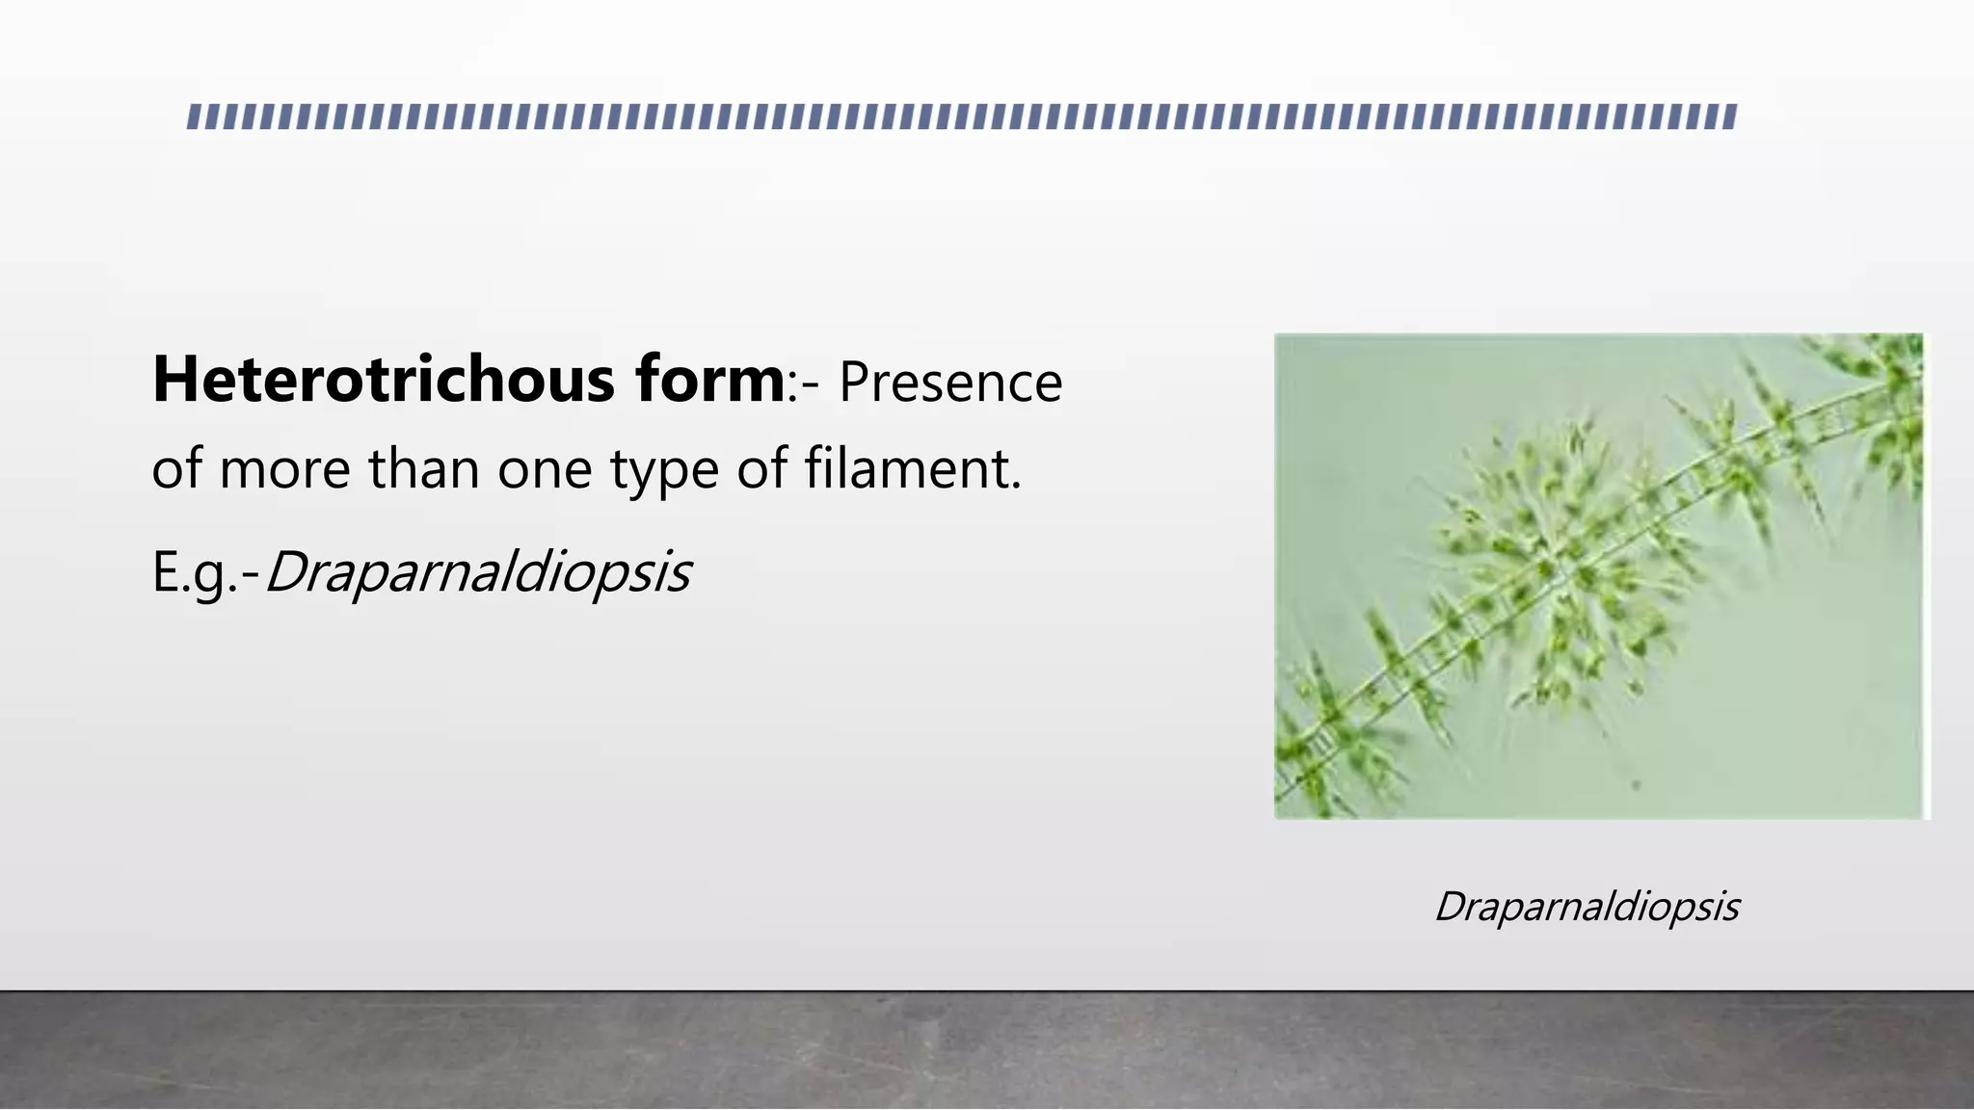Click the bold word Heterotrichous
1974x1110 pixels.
pos(385,380)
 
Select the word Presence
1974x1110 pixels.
pos(950,382)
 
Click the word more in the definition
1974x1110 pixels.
pos(285,470)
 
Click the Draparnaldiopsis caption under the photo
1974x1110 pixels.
pos(1587,907)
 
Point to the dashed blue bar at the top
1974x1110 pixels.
pos(962,117)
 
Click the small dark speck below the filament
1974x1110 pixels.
pos(1636,785)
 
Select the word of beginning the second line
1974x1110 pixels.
pos(177,470)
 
